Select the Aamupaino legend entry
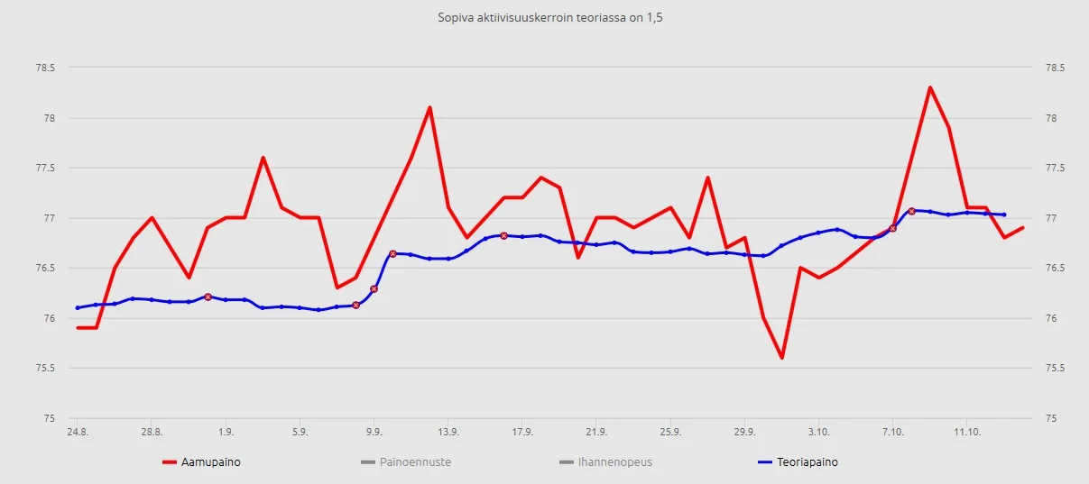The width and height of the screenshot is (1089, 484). click(210, 462)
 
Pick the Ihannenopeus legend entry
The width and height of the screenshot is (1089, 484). click(615, 462)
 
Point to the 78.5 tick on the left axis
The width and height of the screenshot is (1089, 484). click(44, 68)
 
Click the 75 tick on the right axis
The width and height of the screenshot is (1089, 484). click(1050, 418)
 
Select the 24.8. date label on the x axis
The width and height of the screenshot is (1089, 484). click(77, 432)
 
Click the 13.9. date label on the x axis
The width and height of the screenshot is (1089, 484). click(448, 432)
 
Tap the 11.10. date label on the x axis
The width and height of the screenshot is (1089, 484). click(966, 432)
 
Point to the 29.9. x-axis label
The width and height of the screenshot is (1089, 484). click(744, 432)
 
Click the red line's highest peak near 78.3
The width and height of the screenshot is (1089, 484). click(929, 87)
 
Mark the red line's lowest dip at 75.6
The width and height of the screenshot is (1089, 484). click(781, 358)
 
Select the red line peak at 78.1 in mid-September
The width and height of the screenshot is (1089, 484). click(429, 107)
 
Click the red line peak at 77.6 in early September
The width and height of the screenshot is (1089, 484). click(263, 158)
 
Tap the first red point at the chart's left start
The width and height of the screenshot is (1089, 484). click(78, 327)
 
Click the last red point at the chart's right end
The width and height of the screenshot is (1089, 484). click(1022, 228)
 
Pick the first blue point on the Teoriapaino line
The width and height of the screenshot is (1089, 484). click(78, 307)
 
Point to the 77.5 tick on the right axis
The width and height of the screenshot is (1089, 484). click(1054, 168)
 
